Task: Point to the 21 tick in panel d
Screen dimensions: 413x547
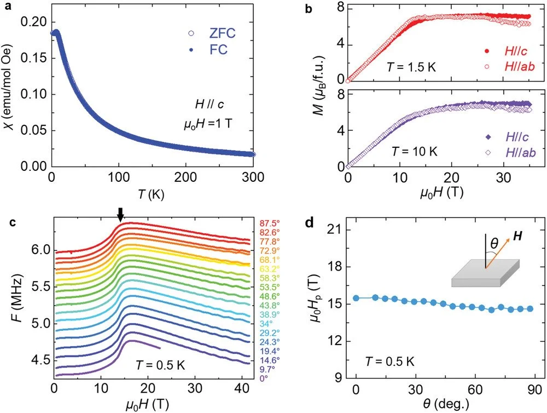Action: pos(337,230)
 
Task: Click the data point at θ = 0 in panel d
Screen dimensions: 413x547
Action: pos(356,298)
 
